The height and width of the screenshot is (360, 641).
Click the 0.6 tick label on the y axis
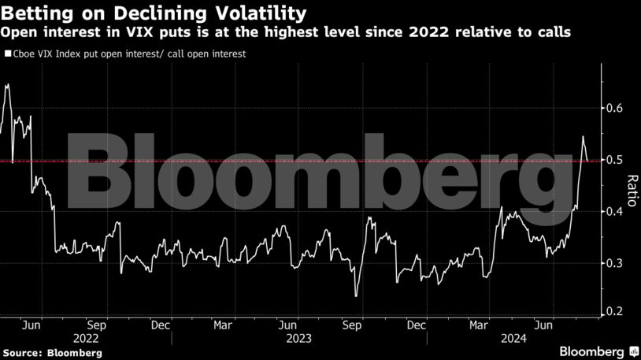pyautogui.click(x=614, y=108)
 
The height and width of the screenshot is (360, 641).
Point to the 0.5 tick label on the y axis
pyautogui.click(x=614, y=160)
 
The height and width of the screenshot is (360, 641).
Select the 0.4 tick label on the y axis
pyautogui.click(x=614, y=211)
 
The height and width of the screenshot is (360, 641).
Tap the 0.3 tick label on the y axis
pyautogui.click(x=614, y=263)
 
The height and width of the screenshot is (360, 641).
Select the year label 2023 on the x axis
pyautogui.click(x=288, y=337)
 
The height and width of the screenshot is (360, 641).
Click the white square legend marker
pyautogui.click(x=7, y=54)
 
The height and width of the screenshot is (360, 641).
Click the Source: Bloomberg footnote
pyautogui.click(x=52, y=353)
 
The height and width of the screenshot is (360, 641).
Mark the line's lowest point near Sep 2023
pyautogui.click(x=356, y=296)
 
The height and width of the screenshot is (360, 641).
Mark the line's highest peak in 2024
pyautogui.click(x=583, y=136)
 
